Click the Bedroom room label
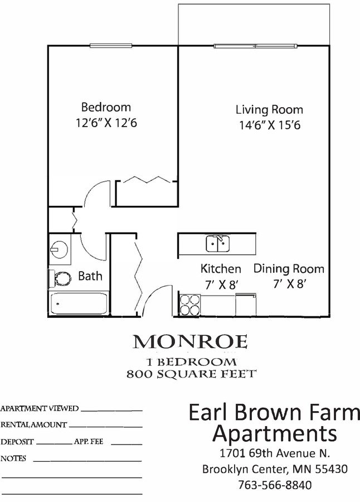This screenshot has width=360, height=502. pos(106,107)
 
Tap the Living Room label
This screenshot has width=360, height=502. pos(269,109)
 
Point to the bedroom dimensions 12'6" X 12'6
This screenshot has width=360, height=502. pos(106,123)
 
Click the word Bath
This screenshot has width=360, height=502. pos(90,276)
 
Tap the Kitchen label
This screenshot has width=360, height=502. pos(221,269)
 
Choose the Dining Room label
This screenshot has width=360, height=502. pos(289,268)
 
